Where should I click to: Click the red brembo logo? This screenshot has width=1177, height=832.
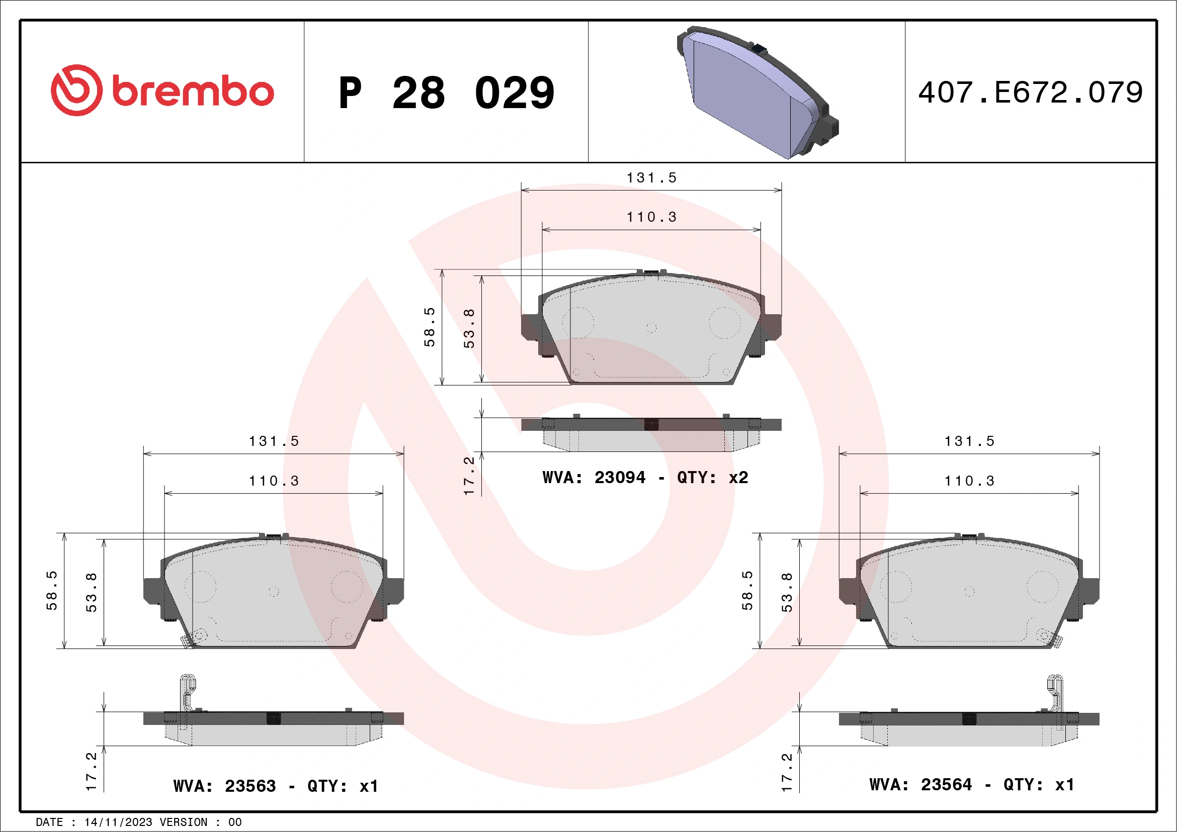click(162, 90)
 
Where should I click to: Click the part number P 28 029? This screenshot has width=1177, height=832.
click(446, 93)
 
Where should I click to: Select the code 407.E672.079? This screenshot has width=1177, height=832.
click(1031, 93)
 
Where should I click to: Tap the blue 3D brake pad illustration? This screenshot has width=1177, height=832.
click(756, 92)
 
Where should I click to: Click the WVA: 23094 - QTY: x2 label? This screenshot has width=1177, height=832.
click(645, 478)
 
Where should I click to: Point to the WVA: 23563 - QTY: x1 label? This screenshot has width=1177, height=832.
click(276, 786)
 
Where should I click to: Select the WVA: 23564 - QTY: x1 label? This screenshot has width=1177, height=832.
click(971, 784)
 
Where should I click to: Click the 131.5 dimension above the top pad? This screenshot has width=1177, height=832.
click(651, 178)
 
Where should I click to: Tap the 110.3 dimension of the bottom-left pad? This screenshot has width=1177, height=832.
click(274, 481)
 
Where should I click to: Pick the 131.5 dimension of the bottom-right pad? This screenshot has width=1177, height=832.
click(969, 441)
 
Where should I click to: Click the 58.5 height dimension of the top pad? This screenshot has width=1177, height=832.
click(430, 327)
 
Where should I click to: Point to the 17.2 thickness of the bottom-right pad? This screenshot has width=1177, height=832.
click(787, 772)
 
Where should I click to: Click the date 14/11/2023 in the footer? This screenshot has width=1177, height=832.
click(118, 822)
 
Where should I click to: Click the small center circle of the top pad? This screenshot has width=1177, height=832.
click(651, 327)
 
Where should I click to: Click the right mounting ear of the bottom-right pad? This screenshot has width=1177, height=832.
click(1090, 591)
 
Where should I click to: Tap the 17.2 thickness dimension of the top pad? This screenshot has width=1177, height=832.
click(469, 476)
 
